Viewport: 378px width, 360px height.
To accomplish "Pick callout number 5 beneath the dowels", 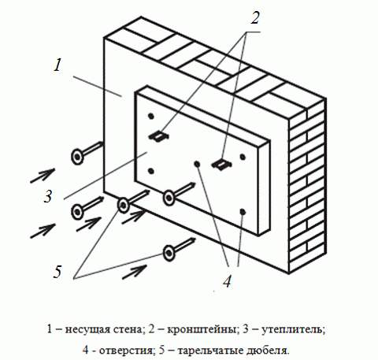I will [x=57, y=272].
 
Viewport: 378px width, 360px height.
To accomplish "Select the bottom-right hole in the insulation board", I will [x=245, y=212].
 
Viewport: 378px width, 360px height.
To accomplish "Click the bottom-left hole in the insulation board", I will [x=151, y=170].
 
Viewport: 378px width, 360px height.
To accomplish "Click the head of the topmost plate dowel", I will [x=78, y=156].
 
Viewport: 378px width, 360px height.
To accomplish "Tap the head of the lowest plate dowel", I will [x=169, y=252].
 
